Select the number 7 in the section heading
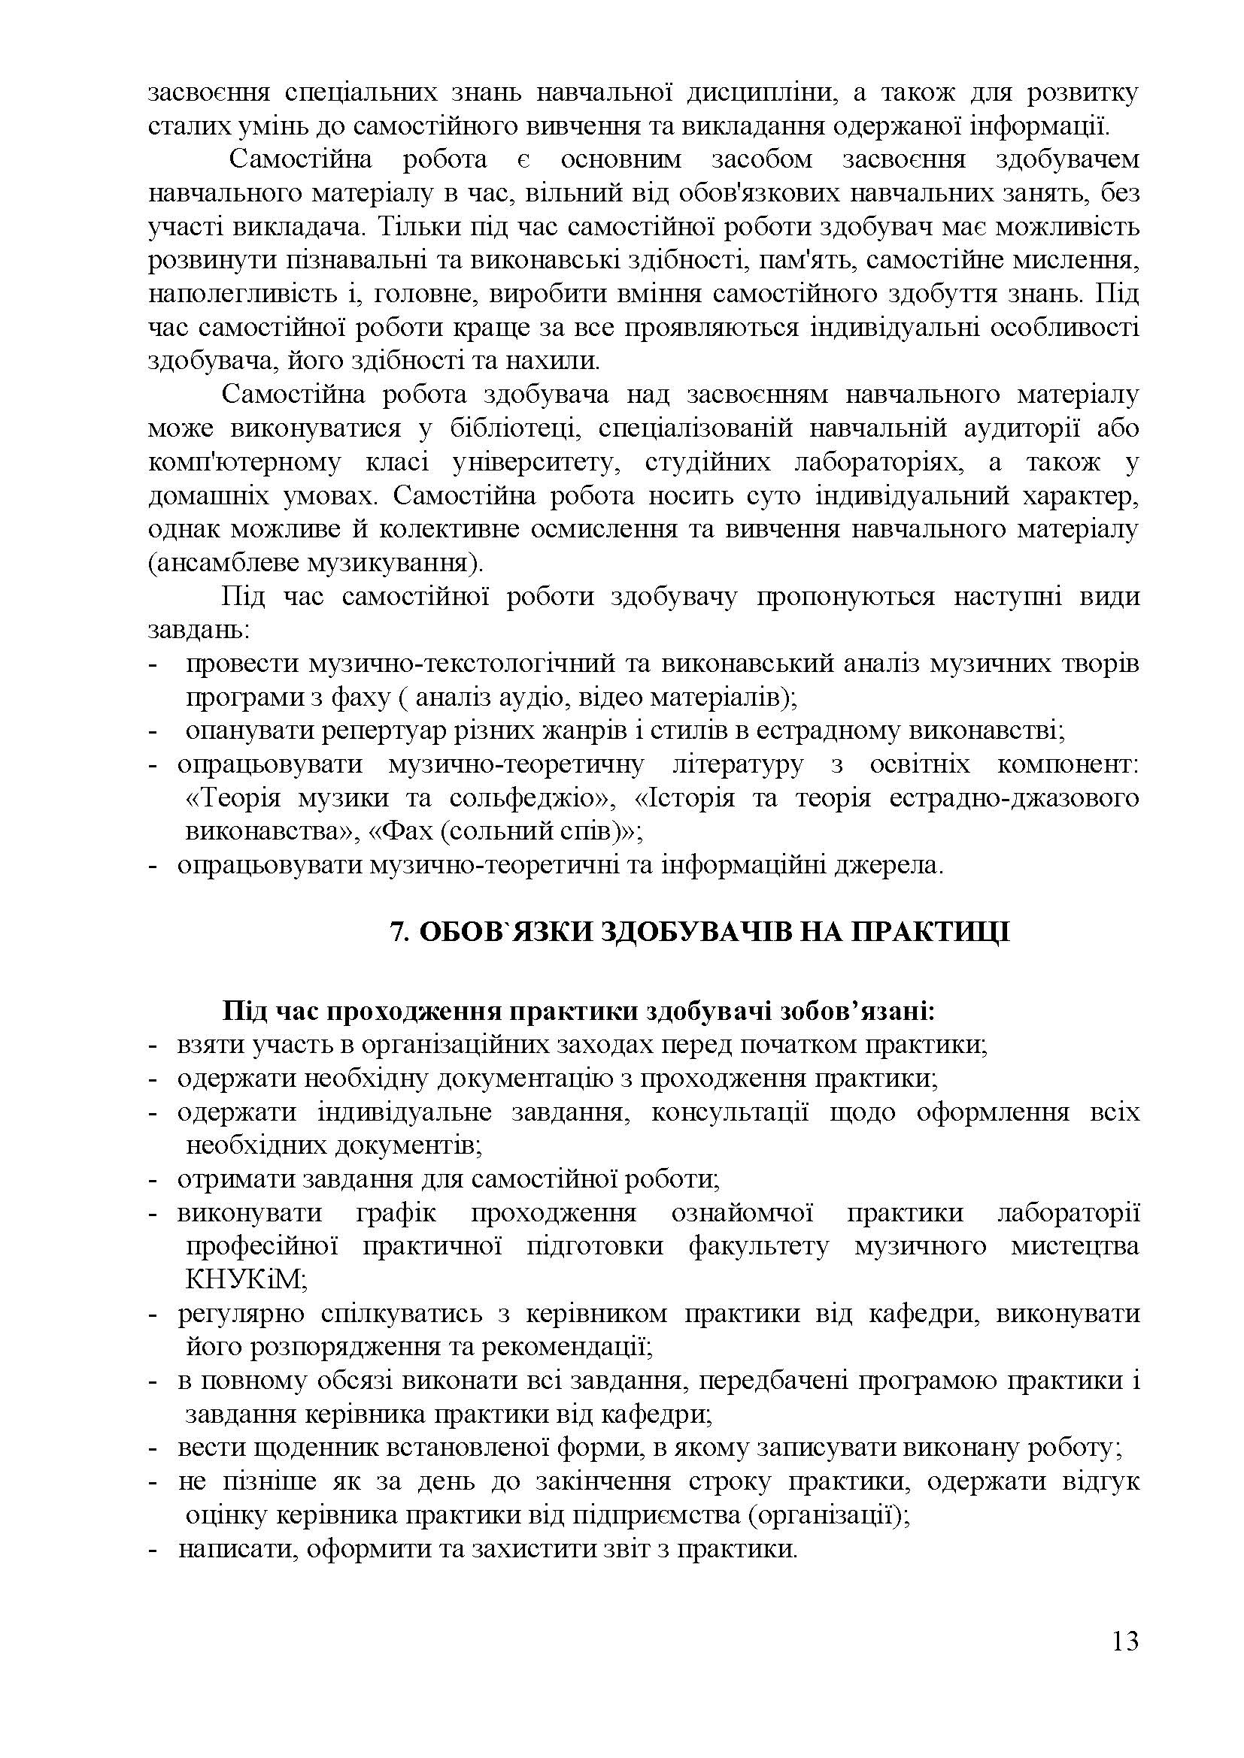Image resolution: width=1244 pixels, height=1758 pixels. [x=396, y=932]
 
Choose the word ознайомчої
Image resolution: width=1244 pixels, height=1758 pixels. [x=742, y=1213]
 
